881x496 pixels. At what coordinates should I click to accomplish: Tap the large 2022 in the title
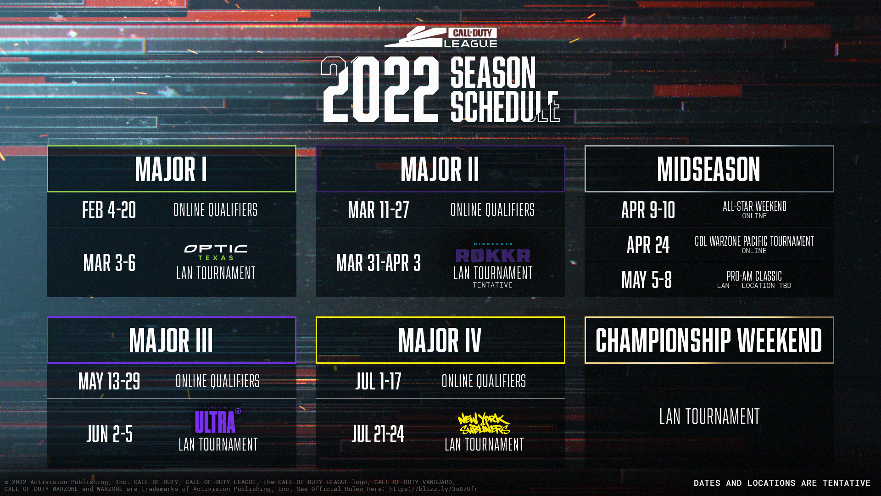click(380, 90)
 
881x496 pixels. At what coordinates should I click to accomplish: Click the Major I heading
click(171, 169)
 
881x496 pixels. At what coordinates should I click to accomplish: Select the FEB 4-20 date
click(109, 210)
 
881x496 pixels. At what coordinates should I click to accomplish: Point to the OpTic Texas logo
click(216, 252)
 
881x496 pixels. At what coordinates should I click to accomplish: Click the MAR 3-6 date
click(109, 263)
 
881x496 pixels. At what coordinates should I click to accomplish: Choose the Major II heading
click(440, 169)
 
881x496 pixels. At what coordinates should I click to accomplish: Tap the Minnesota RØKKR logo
click(493, 254)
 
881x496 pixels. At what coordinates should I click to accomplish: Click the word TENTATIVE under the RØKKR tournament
click(492, 285)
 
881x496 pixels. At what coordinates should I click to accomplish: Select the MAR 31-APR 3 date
click(378, 263)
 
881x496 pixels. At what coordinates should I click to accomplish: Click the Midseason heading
click(708, 169)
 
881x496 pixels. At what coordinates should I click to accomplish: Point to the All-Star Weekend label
click(754, 207)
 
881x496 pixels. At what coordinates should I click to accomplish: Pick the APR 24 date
click(648, 245)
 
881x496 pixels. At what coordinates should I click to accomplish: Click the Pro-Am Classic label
click(754, 276)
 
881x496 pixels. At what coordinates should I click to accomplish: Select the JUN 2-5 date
click(109, 434)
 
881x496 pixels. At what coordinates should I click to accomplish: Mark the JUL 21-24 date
click(378, 434)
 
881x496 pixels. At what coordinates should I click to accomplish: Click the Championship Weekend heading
click(708, 340)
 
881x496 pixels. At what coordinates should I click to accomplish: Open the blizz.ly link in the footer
click(433, 489)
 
